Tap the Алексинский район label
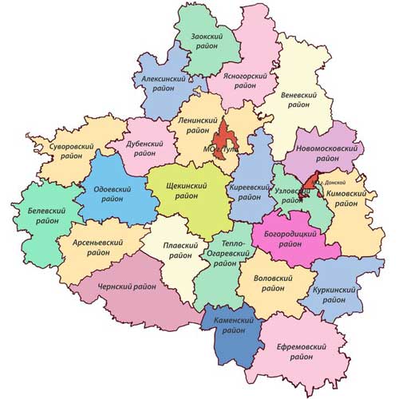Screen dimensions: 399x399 (x=164, y=85)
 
